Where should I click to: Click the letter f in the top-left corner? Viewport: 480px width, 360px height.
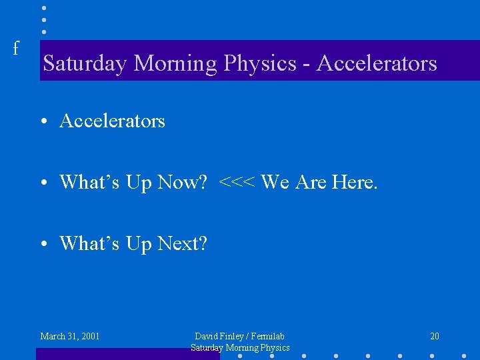tap(15, 48)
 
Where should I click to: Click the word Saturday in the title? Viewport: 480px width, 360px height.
tap(85, 63)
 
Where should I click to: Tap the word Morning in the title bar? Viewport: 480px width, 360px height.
tap(175, 63)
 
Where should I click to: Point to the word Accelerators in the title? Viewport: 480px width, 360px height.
tap(377, 63)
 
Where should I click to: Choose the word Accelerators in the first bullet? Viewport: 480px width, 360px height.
tap(112, 121)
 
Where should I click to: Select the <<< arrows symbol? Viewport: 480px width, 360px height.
tap(237, 182)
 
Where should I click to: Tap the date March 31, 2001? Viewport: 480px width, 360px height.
tap(70, 336)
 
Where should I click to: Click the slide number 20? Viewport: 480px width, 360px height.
tap(435, 336)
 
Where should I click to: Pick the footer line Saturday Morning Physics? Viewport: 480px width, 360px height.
tap(240, 347)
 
